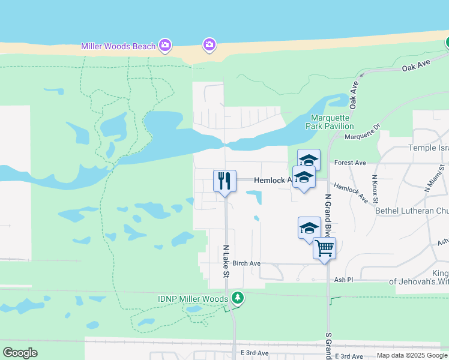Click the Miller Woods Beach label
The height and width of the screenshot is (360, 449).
118,46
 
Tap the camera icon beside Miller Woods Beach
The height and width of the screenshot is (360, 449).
164,45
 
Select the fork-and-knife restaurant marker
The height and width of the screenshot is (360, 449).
224,181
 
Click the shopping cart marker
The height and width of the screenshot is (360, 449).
324,248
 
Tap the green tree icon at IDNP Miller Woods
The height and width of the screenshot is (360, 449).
238,298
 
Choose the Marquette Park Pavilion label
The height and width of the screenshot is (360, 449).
332,122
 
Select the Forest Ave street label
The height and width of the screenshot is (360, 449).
350,163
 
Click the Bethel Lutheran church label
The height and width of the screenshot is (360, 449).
411,211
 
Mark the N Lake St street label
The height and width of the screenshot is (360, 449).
226,261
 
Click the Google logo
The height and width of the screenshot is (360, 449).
20,353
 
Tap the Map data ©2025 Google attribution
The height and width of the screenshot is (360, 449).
412,355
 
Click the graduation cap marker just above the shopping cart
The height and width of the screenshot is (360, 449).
309,228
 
